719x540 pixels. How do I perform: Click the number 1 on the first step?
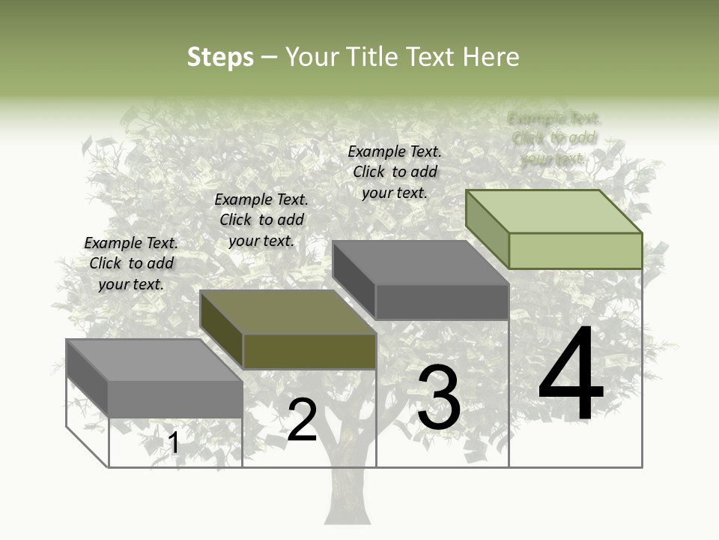(x=174, y=443)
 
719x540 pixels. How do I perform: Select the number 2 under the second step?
(x=303, y=421)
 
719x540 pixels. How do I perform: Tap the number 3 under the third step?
(x=439, y=397)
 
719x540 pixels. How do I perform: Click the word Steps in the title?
(x=220, y=57)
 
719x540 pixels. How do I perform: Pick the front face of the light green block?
(x=575, y=250)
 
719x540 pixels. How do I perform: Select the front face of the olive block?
(x=309, y=351)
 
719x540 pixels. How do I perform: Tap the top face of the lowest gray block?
(x=154, y=360)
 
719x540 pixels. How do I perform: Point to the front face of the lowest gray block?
(x=175, y=399)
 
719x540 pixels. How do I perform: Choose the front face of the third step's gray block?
(x=442, y=301)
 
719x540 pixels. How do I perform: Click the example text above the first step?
(x=131, y=263)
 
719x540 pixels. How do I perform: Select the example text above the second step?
(x=261, y=220)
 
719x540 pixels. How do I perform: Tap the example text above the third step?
(x=395, y=172)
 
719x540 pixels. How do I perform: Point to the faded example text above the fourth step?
(x=554, y=138)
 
